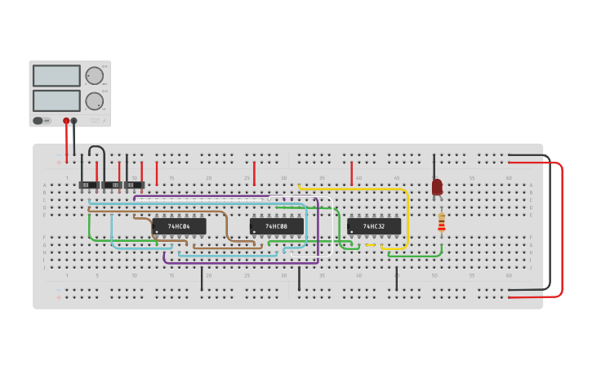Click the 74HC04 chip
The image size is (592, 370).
(x=179, y=226)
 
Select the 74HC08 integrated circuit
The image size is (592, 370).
(x=277, y=226)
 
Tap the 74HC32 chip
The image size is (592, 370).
(x=374, y=226)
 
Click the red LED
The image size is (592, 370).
(x=437, y=187)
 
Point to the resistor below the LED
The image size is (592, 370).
(x=441, y=222)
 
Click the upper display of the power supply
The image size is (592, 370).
(x=56, y=76)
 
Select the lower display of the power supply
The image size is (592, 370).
(x=56, y=100)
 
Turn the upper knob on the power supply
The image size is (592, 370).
(x=95, y=76)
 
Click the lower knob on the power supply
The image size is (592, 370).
(x=95, y=101)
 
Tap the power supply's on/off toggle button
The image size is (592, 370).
(x=38, y=121)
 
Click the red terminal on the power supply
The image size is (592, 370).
(x=66, y=121)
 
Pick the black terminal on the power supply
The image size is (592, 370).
(x=74, y=121)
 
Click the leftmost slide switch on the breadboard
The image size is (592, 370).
(x=88, y=185)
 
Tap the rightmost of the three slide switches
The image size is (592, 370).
(x=135, y=185)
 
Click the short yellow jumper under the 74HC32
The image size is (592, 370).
(x=370, y=245)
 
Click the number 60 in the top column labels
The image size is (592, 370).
(x=509, y=178)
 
